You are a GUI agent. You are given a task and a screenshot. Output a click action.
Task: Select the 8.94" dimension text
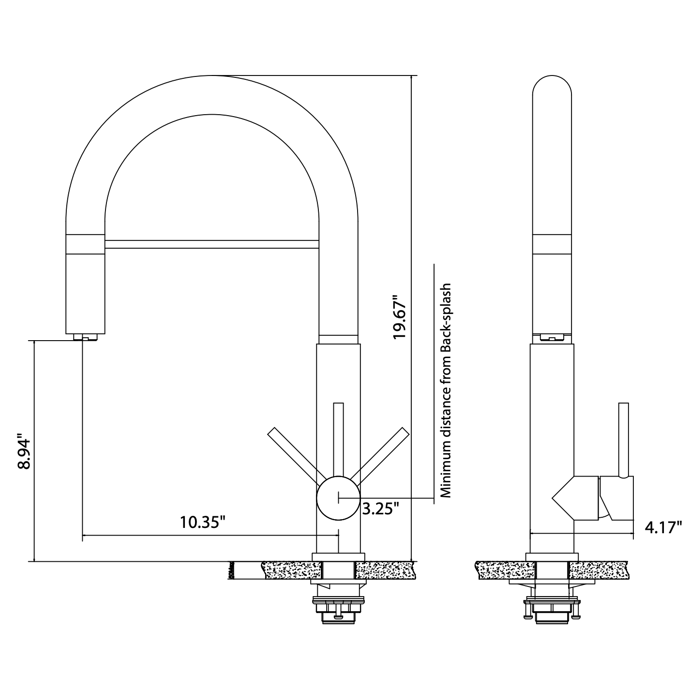[x=24, y=450]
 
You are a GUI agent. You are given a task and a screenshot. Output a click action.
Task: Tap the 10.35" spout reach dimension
[x=203, y=522]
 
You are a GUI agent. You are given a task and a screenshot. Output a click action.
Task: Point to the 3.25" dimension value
[x=381, y=509]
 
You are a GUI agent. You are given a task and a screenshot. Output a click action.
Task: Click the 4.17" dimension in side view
[x=663, y=526]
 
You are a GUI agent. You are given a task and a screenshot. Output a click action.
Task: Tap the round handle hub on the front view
[x=338, y=498]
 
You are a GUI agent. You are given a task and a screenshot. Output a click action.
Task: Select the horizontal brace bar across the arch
[x=211, y=244]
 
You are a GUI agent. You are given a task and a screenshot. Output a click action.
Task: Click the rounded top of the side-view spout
[x=552, y=90]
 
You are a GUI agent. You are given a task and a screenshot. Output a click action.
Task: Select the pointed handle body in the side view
[x=576, y=498]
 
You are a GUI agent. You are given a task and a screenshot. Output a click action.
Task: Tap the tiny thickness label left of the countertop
[x=231, y=570]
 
